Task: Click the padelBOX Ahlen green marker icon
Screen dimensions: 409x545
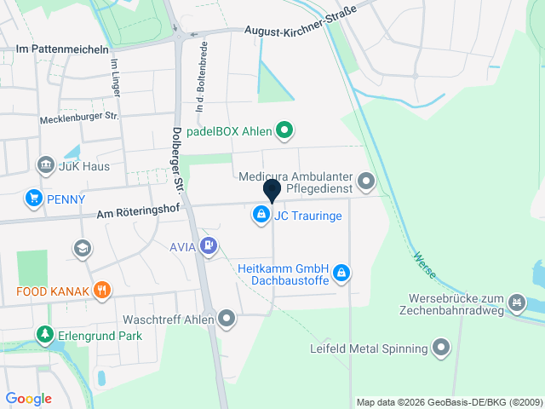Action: click(x=285, y=130)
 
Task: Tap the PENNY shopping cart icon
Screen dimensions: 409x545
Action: click(x=34, y=199)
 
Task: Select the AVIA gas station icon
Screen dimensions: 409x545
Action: click(x=209, y=247)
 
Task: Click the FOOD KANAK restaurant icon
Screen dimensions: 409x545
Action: click(x=102, y=291)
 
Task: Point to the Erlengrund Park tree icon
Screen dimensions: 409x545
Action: click(x=44, y=335)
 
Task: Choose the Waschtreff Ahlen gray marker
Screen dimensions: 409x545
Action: click(x=227, y=319)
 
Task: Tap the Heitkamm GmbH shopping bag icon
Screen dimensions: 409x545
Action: click(x=341, y=273)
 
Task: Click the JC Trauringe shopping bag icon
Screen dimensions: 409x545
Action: click(x=260, y=216)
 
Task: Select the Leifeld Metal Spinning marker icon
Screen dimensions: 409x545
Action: click(x=440, y=347)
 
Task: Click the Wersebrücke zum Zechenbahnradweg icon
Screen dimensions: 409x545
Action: click(x=516, y=302)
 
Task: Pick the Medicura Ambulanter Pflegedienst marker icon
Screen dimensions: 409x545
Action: click(x=366, y=181)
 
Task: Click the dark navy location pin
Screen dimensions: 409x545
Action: click(x=272, y=192)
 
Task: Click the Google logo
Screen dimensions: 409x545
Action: click(x=28, y=398)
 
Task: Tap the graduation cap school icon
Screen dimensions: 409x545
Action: click(x=83, y=248)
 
